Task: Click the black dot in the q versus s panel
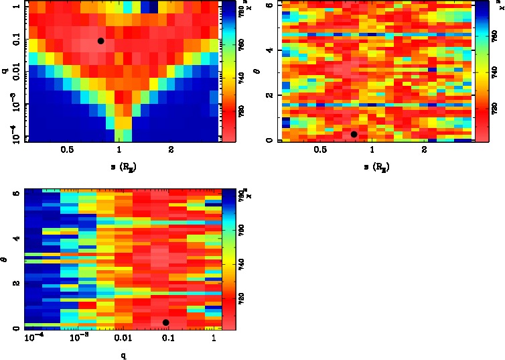pos(100,41)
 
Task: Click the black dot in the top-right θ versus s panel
pos(354,135)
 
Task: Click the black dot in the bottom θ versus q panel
pos(165,322)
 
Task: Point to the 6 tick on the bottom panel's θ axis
pos(15,193)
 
